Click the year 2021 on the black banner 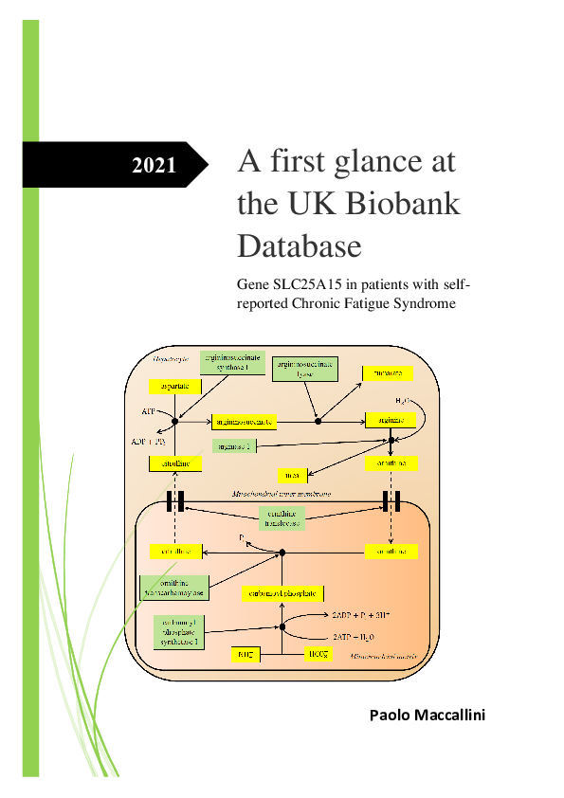click(154, 165)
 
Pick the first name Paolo click(391, 715)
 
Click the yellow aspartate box click(175, 387)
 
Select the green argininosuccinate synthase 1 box click(228, 364)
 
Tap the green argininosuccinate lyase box click(305, 369)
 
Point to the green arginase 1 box click(232, 444)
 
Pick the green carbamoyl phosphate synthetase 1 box click(178, 630)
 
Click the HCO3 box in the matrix click(318, 654)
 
